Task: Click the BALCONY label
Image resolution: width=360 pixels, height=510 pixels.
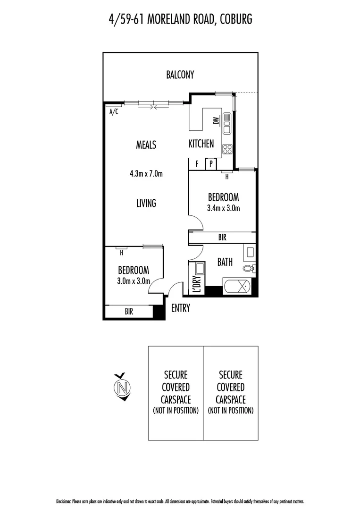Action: coord(180,75)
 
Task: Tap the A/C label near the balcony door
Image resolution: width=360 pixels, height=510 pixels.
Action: coord(114,112)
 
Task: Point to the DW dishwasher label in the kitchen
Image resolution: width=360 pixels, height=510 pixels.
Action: coord(216,120)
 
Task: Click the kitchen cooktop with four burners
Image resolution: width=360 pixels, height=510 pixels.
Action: coord(227,149)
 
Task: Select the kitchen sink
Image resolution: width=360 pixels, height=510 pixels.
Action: coord(227,123)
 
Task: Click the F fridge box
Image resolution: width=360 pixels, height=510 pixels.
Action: coord(196,164)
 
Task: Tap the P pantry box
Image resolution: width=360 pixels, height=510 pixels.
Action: coord(210,164)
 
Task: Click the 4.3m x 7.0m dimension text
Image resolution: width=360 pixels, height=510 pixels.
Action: coord(146,174)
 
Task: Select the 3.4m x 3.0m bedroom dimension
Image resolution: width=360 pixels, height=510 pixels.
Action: coord(223,208)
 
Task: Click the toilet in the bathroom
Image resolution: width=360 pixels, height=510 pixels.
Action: coord(248,269)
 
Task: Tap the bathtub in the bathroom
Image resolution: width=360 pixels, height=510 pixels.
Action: coord(237,287)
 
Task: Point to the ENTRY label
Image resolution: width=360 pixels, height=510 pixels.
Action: coord(180,308)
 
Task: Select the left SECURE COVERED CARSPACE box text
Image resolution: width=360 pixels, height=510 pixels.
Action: coord(176,392)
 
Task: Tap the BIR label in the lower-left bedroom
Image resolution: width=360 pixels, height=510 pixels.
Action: coord(128,312)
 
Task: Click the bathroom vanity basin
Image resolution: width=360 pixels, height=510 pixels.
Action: coord(249,252)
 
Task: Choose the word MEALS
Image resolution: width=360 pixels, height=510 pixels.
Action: coord(146,145)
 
